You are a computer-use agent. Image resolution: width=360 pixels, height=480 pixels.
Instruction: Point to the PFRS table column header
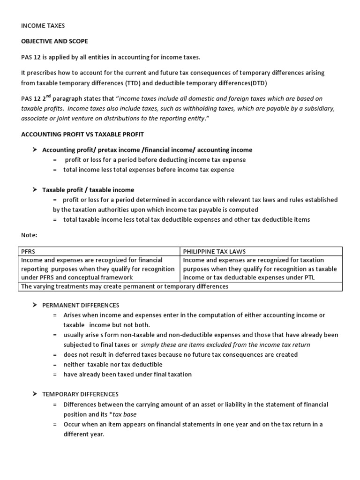tap(29, 251)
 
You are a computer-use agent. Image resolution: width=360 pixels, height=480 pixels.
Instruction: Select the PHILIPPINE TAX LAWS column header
tap(214, 251)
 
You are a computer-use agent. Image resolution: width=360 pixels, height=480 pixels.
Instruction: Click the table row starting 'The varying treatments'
tap(125, 286)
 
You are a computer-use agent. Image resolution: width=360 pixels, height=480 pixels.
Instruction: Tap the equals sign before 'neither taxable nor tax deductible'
tap(55, 364)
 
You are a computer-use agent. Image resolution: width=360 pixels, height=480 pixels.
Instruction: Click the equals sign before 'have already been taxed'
tap(55, 374)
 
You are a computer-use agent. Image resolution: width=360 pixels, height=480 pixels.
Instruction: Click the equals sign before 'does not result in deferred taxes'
tap(55, 354)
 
